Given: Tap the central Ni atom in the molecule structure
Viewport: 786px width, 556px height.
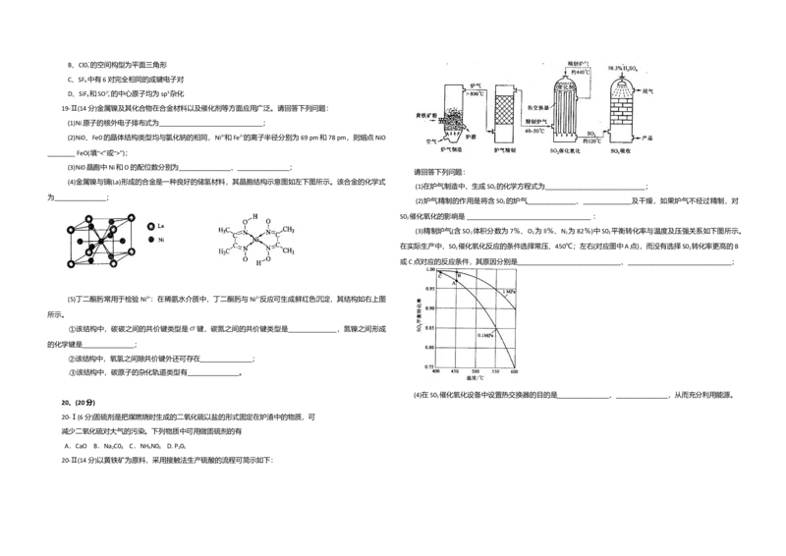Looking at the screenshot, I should click(x=255, y=239).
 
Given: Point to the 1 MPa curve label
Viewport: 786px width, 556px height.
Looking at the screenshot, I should click(x=507, y=292).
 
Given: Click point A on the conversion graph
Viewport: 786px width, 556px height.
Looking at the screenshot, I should click(x=454, y=282).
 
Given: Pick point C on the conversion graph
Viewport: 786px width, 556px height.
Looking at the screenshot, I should click(x=441, y=274).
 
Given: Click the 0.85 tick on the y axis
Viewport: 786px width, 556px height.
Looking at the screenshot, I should click(x=424, y=327).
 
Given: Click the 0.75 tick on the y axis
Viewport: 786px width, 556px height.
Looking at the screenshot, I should click(x=424, y=366).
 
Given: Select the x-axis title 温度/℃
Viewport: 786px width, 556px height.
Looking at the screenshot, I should click(x=477, y=379).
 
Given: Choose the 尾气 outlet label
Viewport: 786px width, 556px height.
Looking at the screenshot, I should click(x=646, y=90).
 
